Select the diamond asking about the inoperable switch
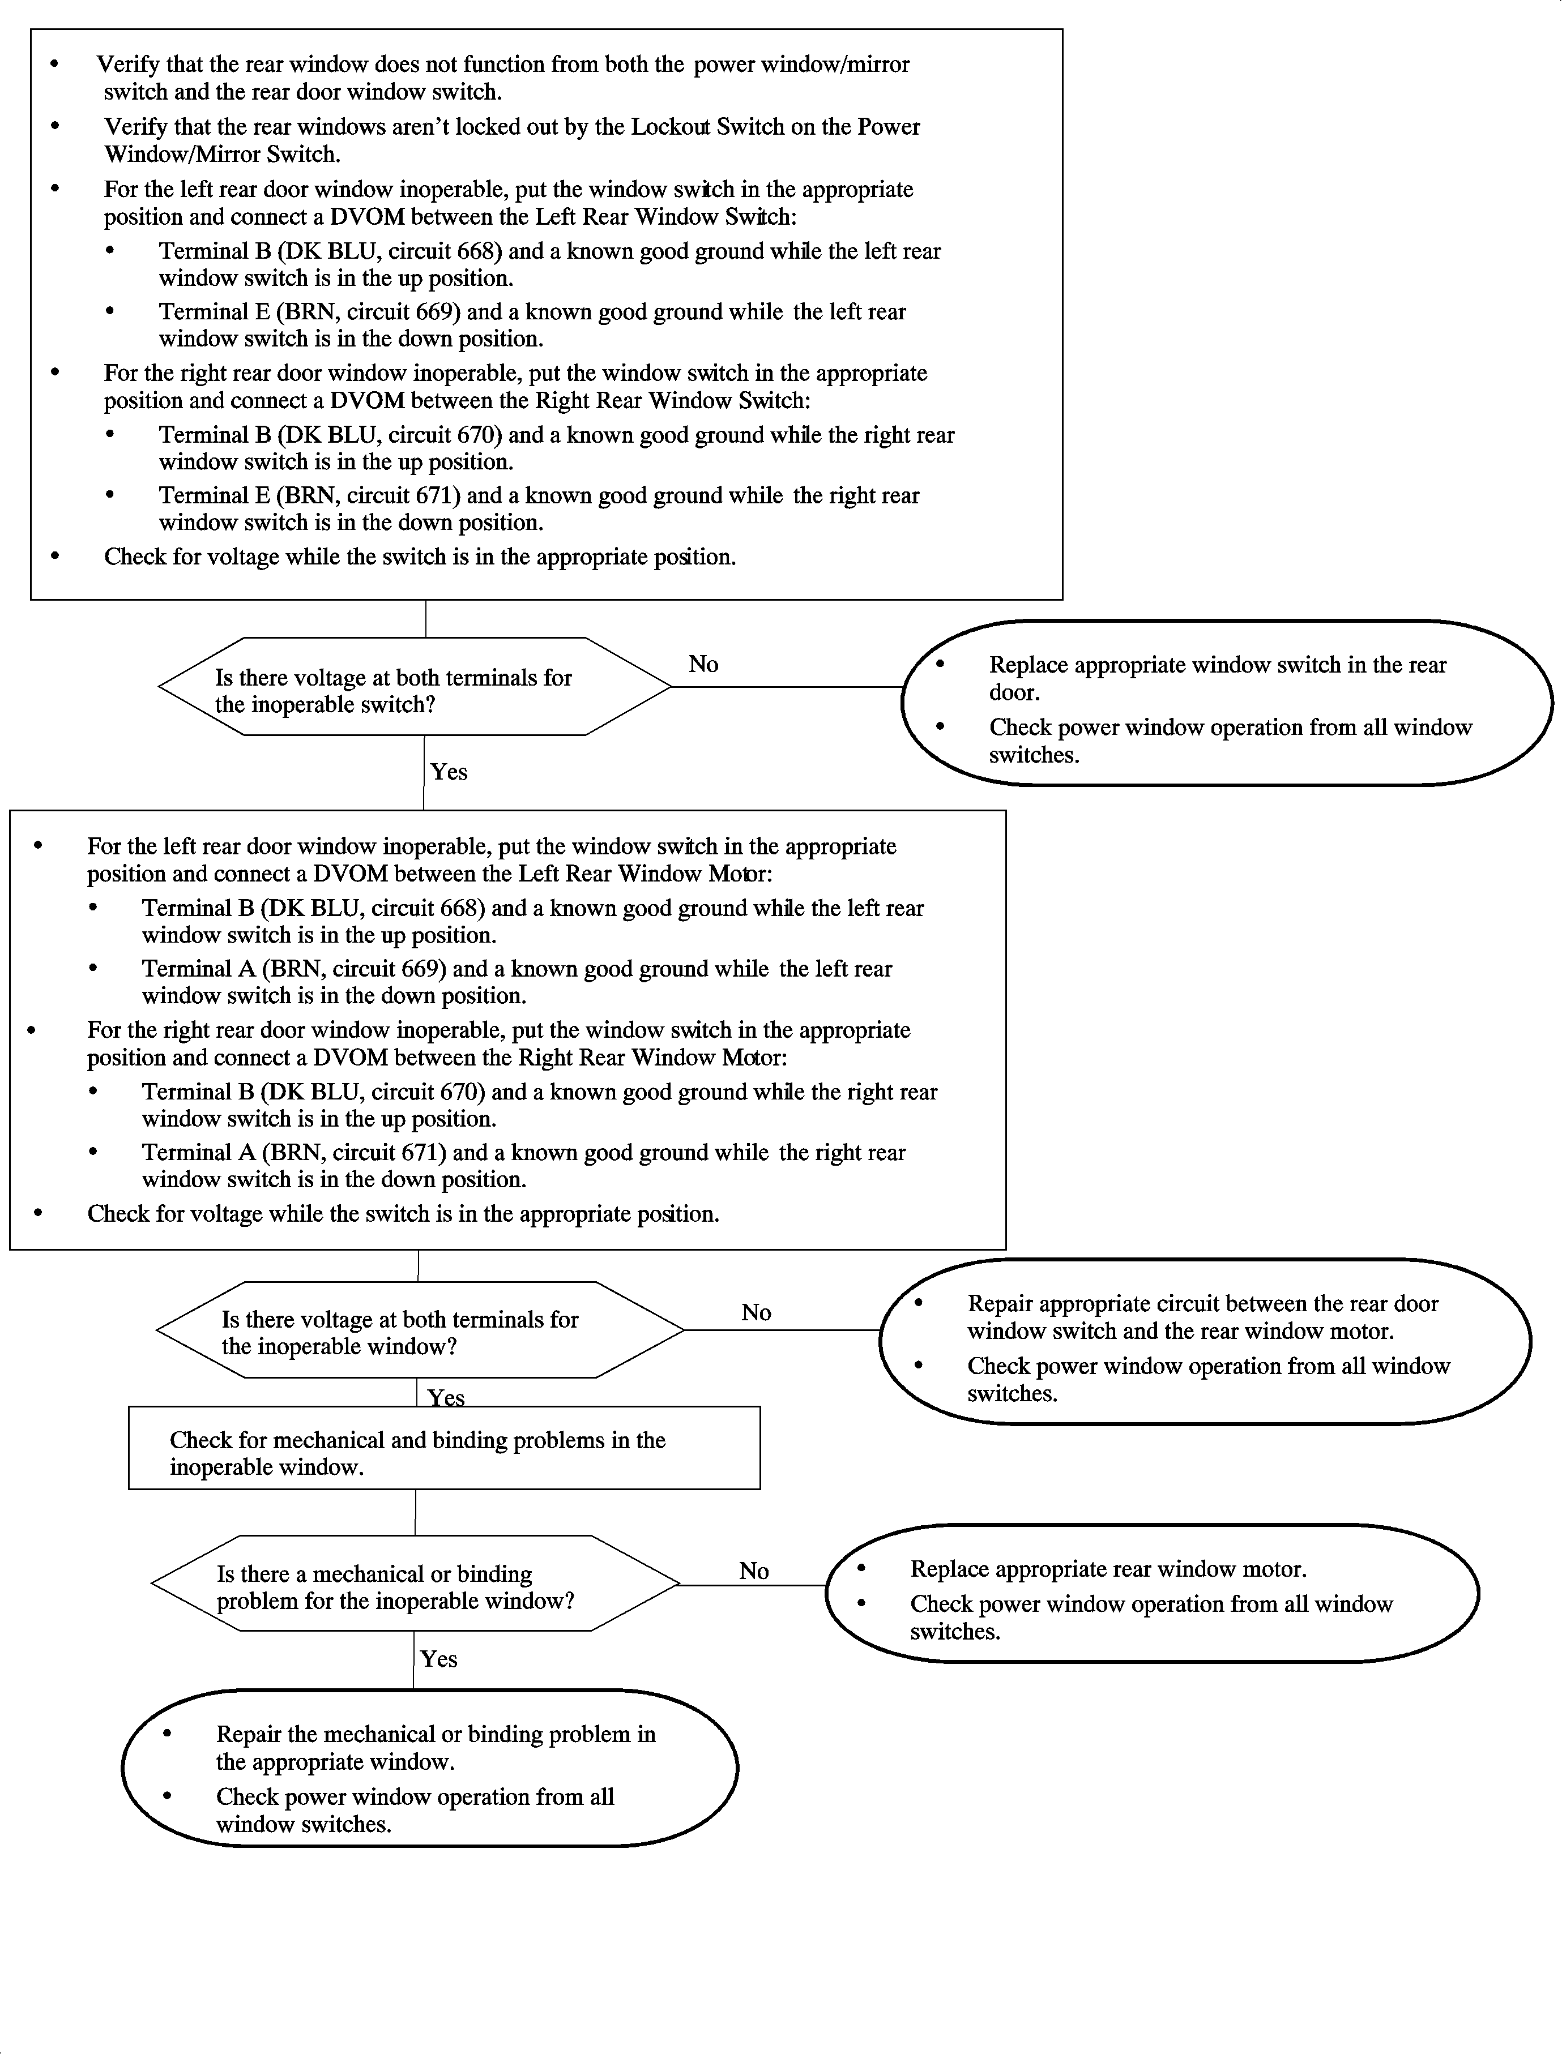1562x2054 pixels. pos(415,687)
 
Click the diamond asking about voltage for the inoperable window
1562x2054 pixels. pos(420,1330)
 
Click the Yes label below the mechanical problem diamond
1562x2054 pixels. pos(439,1659)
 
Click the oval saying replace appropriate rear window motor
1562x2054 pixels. pos(1152,1594)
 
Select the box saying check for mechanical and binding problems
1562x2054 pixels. pos(445,1448)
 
